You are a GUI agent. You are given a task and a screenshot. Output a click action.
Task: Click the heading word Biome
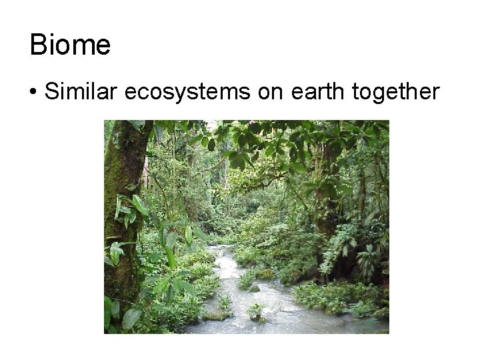(70, 45)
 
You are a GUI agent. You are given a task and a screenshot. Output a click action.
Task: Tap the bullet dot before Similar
(33, 93)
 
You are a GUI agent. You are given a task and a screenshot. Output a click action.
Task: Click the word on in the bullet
(271, 93)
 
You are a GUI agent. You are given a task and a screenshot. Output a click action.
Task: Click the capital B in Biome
(38, 45)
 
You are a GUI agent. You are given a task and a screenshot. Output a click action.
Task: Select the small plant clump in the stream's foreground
(255, 312)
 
